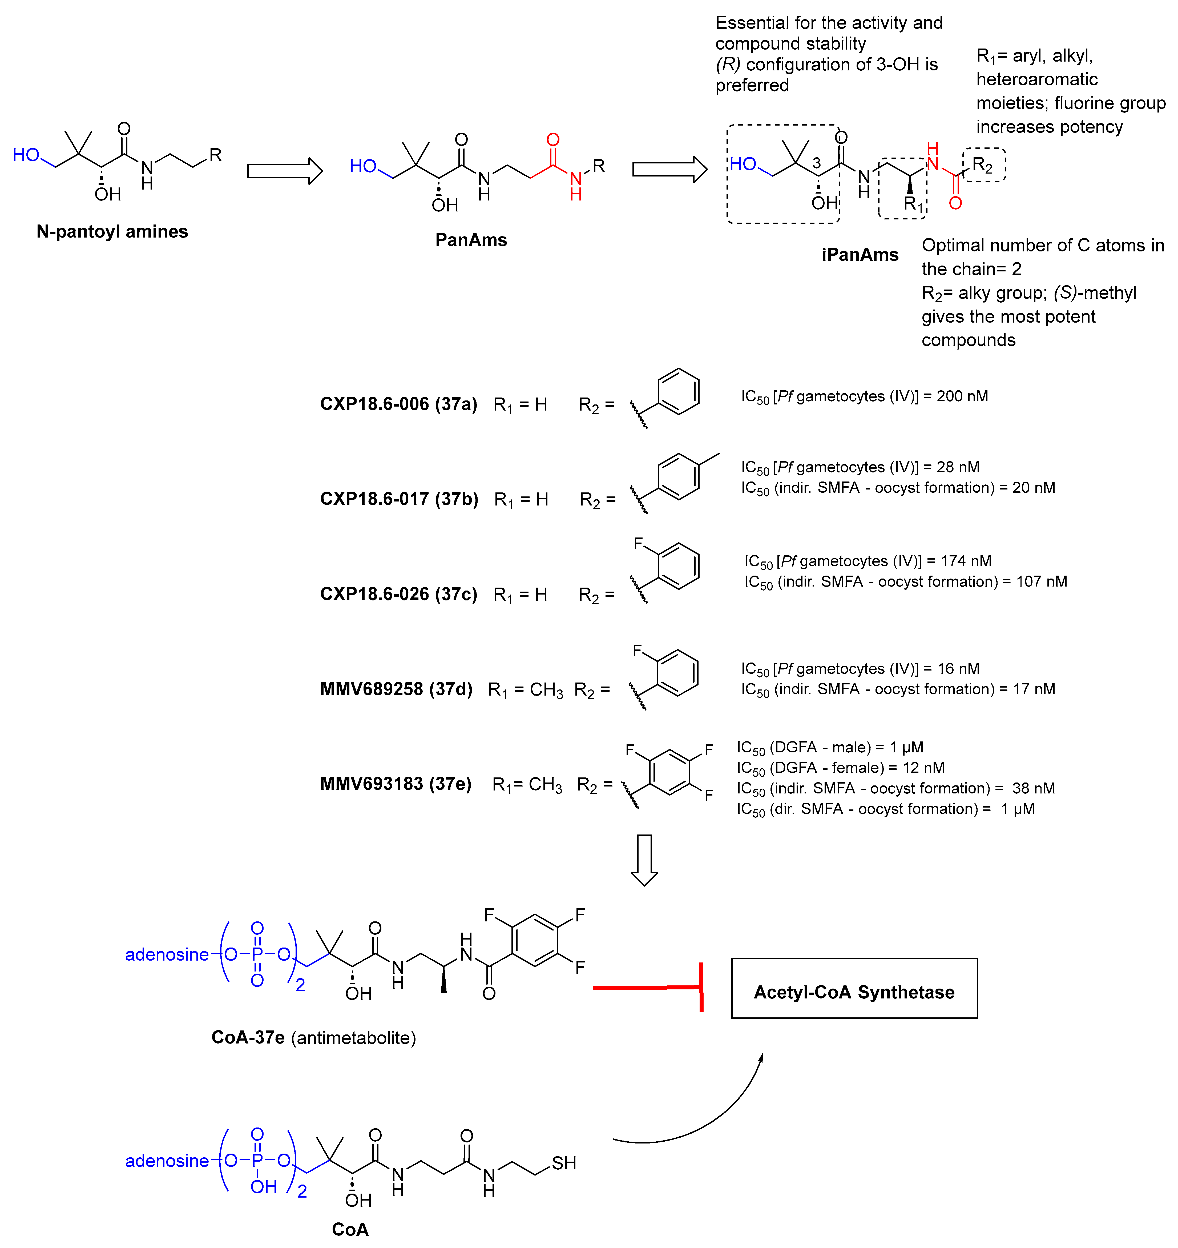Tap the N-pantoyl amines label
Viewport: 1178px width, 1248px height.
(112, 232)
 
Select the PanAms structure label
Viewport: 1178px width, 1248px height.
(471, 240)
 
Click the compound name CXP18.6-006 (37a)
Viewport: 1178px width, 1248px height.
(398, 404)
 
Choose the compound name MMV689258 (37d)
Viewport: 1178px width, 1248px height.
(396, 689)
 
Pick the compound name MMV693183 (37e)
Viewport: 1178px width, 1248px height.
(395, 784)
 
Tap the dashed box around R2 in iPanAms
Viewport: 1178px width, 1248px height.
(984, 165)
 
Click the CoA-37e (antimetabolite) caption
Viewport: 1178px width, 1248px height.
(313, 1038)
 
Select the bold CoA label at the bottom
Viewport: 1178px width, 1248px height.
(350, 1229)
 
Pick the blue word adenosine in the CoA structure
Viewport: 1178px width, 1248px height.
(166, 1161)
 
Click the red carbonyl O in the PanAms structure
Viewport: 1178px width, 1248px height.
(552, 139)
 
